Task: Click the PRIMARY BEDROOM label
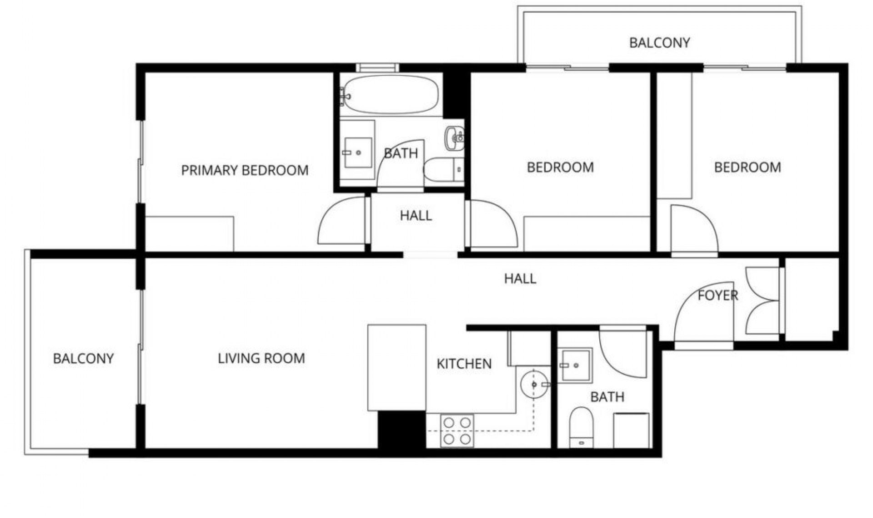point(245,170)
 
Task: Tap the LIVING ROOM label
point(261,359)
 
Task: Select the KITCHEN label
point(464,364)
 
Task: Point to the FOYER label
point(717,296)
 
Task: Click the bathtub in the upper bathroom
point(390,95)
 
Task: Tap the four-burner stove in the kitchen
point(457,431)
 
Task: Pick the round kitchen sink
point(534,384)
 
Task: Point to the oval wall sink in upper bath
point(454,137)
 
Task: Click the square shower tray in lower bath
point(575,365)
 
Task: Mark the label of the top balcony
point(659,43)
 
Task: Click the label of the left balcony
point(83,359)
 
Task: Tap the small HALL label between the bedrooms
point(416,215)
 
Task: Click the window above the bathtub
point(377,68)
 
